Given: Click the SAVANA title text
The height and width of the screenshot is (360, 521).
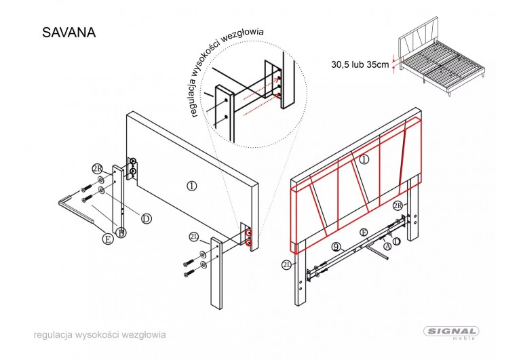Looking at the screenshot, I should [x=69, y=32].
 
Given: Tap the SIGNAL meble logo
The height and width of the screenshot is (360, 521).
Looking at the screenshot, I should [x=452, y=332].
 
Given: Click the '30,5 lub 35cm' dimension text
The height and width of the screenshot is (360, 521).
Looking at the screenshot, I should [x=360, y=65].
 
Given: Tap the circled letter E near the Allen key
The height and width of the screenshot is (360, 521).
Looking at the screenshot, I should [x=107, y=238].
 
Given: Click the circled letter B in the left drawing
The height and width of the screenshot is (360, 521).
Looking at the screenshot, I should [x=121, y=233].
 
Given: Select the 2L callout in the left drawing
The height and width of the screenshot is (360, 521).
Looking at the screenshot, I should [x=193, y=237].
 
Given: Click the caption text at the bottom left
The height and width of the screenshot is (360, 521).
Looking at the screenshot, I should [x=99, y=335].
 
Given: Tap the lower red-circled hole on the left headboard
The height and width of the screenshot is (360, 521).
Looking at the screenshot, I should [x=250, y=241].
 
